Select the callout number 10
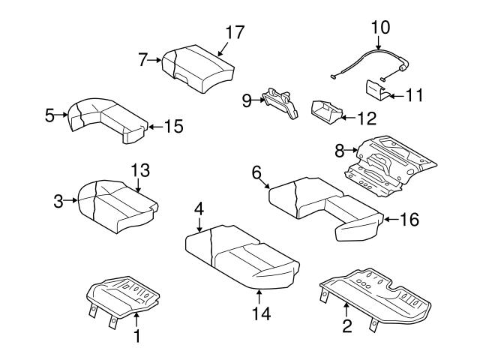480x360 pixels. click(381, 27)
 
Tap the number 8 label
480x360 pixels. click(339, 151)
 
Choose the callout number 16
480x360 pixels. click(409, 220)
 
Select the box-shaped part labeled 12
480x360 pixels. click(325, 111)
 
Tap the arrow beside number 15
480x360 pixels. click(153, 127)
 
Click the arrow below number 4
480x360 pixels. click(199, 223)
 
